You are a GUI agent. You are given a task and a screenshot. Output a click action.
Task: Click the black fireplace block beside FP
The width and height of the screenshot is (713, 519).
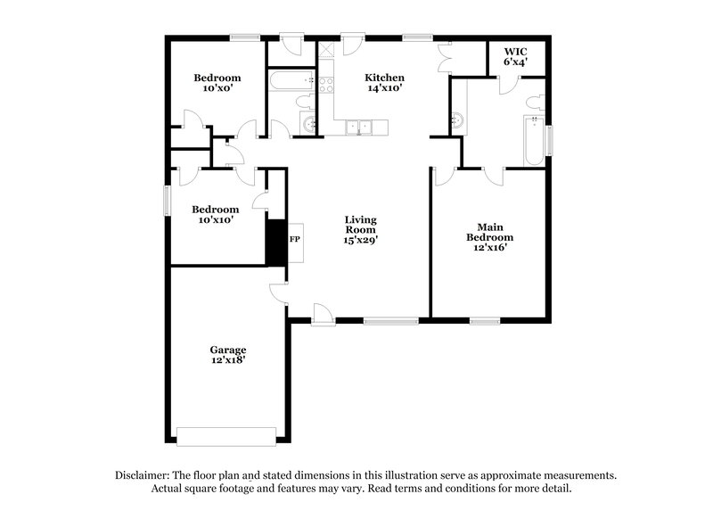pyautogui.click(x=275, y=241)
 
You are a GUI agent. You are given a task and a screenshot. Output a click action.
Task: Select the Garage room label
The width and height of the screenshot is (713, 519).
pyautogui.click(x=228, y=350)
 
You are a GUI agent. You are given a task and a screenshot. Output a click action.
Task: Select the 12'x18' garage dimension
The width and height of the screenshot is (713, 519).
pyautogui.click(x=228, y=361)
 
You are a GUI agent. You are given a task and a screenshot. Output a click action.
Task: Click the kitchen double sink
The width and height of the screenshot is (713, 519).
pyautogui.click(x=357, y=128)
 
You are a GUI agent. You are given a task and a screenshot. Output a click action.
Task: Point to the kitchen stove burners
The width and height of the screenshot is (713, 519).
pyautogui.click(x=325, y=86)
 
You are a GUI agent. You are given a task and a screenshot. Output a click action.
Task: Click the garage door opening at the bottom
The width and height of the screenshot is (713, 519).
pyautogui.click(x=226, y=436)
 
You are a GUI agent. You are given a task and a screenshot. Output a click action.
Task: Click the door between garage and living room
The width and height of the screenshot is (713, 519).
pyautogui.click(x=279, y=294)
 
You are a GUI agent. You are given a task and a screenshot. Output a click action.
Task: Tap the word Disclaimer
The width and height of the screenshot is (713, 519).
pyautogui.click(x=144, y=475)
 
